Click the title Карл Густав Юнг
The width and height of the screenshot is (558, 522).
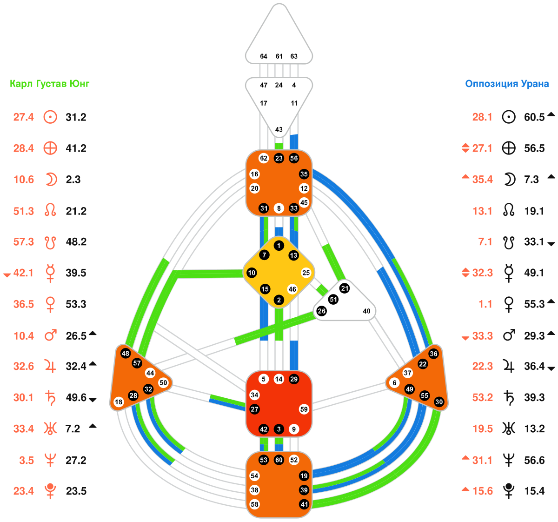49,84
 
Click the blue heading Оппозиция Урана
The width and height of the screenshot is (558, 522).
507,84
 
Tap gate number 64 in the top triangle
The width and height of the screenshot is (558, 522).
264,56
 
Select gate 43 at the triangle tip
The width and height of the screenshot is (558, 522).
279,129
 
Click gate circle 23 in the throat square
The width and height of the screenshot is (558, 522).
279,158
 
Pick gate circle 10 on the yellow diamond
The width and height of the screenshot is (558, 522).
252,273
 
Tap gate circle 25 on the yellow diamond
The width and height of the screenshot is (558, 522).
306,273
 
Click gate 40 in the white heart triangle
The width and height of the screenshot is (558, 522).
366,311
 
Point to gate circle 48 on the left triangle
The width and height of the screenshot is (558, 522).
125,353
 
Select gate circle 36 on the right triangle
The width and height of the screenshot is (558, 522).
433,354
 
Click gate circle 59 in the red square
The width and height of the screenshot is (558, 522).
304,409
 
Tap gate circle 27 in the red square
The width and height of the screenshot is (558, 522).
254,409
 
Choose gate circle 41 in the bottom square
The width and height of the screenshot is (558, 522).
304,504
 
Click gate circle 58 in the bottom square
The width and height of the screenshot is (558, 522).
254,504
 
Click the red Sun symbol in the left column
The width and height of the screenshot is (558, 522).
50,117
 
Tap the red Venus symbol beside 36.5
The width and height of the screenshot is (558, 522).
50,304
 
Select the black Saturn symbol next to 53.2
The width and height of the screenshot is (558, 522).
509,397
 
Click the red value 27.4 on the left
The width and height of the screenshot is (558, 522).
23,117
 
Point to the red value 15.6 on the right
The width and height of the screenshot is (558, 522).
482,491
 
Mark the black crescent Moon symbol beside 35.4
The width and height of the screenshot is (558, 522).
510,180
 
